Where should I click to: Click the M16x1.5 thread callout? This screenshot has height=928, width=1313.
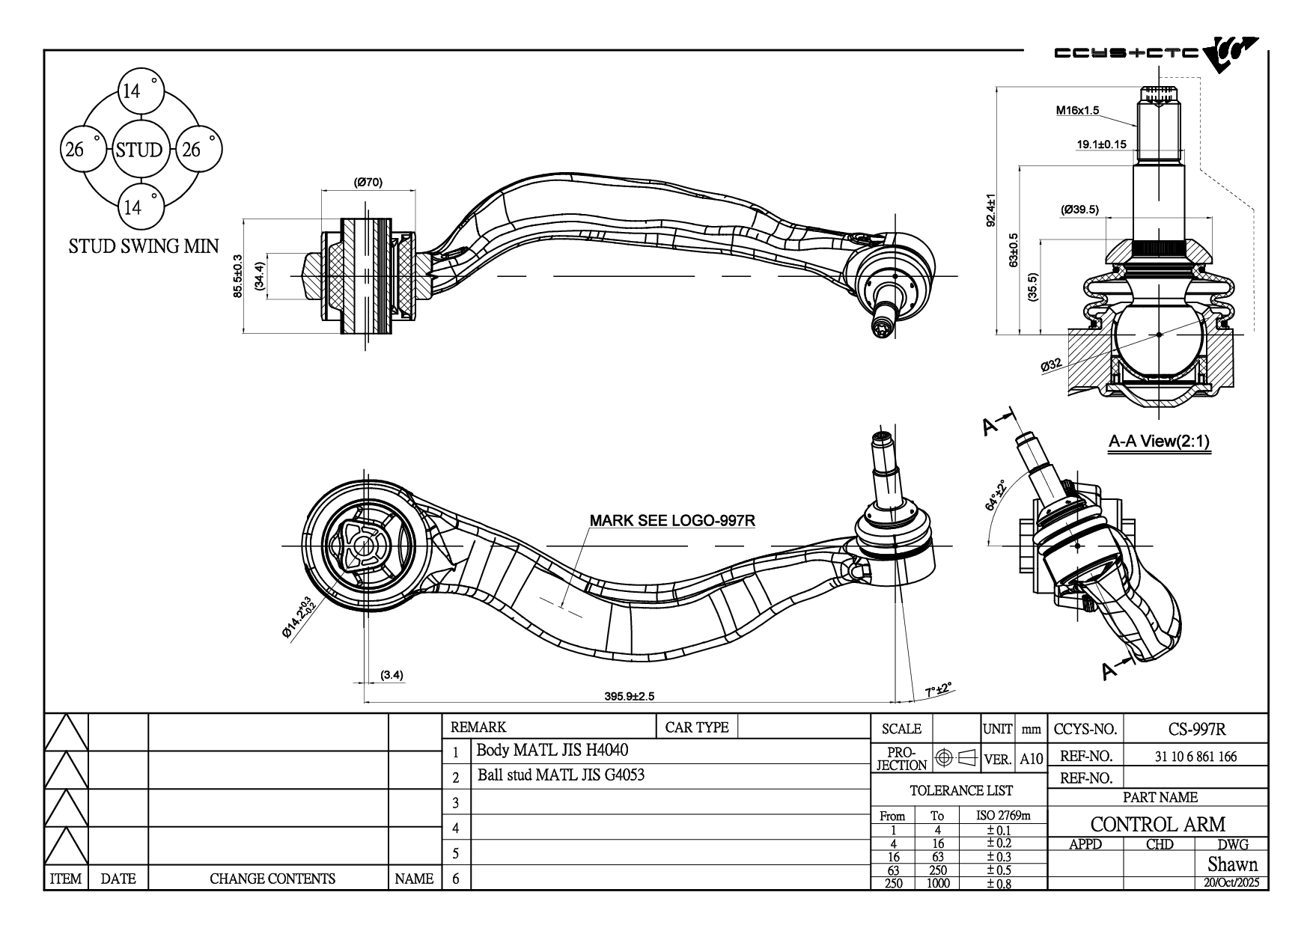pyautogui.click(x=1077, y=111)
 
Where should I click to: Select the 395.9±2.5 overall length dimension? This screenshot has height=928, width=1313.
pyautogui.click(x=629, y=696)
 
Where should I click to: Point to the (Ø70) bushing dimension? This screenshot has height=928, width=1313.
pyautogui.click(x=368, y=182)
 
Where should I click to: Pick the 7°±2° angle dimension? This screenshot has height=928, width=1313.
pyautogui.click(x=937, y=689)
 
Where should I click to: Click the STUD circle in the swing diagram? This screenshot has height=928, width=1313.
pyautogui.click(x=138, y=150)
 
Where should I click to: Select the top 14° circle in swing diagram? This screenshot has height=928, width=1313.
pyautogui.click(x=139, y=91)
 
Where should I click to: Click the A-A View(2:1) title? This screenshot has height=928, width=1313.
pyautogui.click(x=1158, y=442)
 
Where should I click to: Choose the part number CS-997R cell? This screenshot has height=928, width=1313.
pyautogui.click(x=1196, y=729)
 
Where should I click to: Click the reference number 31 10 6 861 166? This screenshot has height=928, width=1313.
pyautogui.click(x=1195, y=756)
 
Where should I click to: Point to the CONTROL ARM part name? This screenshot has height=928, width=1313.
pyautogui.click(x=1157, y=824)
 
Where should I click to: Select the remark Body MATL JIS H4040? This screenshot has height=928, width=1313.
pyautogui.click(x=552, y=750)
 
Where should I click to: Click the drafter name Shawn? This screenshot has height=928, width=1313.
pyautogui.click(x=1231, y=864)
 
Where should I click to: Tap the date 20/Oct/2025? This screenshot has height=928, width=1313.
pyautogui.click(x=1231, y=882)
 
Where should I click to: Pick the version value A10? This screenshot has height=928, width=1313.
pyautogui.click(x=1031, y=759)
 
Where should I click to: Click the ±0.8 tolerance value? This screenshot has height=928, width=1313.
pyautogui.click(x=998, y=883)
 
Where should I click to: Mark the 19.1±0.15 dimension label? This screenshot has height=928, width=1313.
pyautogui.click(x=1101, y=144)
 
